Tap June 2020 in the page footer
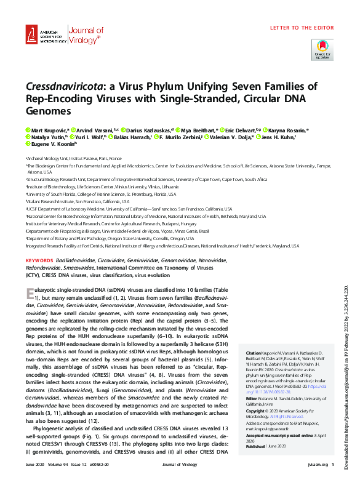point(34,473)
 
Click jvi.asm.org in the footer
point(311,473)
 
